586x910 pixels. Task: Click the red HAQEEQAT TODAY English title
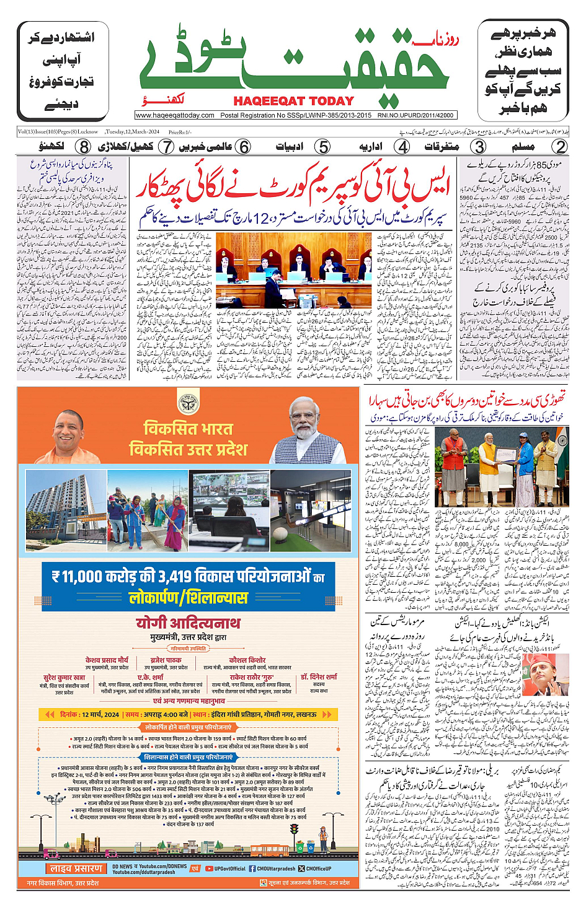293,101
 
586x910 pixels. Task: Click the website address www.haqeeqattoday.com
175,115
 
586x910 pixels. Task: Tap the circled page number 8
83,147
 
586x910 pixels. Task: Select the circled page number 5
322,147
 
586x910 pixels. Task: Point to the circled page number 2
559,147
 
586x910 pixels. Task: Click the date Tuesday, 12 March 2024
132,132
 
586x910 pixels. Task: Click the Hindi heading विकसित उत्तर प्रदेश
188,449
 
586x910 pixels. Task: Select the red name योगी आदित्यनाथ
188,623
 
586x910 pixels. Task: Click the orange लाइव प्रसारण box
77,868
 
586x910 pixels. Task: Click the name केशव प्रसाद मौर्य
107,660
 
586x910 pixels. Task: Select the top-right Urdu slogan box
523,70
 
